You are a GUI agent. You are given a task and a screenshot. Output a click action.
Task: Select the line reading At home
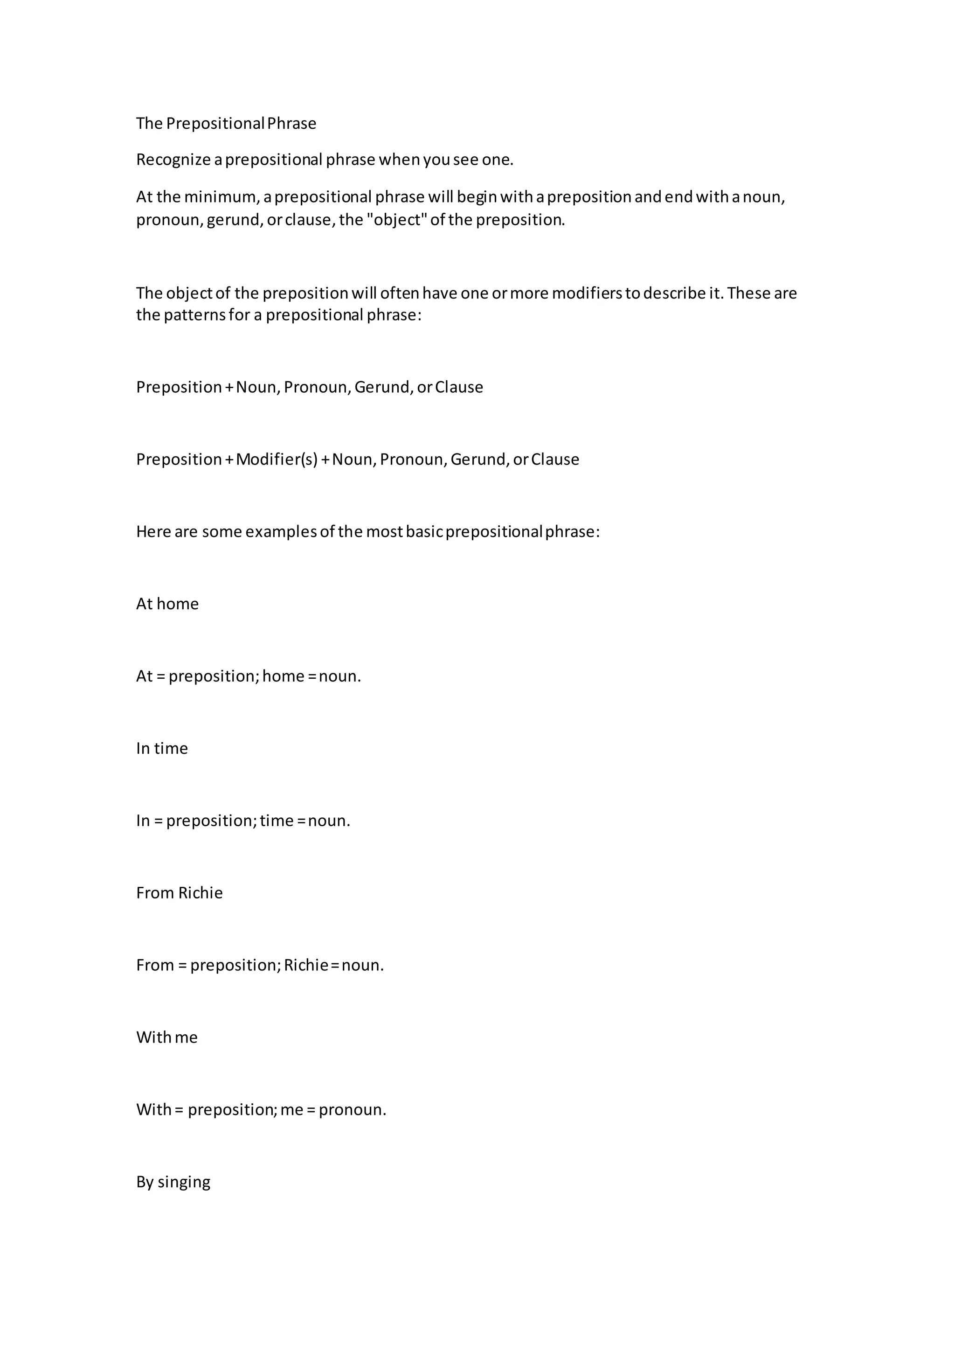167,604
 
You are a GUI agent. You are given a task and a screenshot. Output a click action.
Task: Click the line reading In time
162,748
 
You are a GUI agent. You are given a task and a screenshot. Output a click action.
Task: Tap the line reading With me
167,1038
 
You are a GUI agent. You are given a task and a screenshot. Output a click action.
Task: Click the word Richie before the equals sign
306,966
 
